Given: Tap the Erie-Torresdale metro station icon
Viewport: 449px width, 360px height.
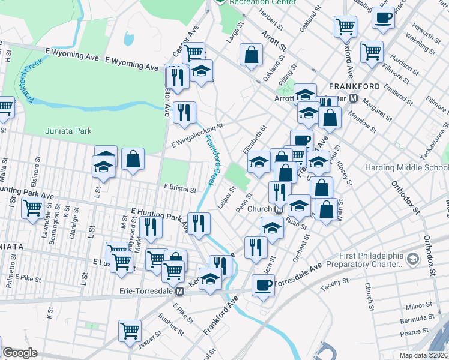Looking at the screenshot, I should pos(179,292).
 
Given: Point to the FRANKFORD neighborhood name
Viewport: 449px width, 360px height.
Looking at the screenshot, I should pos(354,86).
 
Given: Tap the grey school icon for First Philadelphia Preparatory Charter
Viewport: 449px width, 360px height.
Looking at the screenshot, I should pos(412,259).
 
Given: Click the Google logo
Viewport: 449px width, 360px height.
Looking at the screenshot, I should pos(20,353).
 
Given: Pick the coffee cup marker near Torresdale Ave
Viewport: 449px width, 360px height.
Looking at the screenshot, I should pos(262,285).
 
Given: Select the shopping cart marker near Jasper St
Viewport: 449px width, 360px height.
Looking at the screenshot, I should pos(130,331).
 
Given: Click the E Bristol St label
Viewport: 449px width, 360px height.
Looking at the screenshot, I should pos(179,188).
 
